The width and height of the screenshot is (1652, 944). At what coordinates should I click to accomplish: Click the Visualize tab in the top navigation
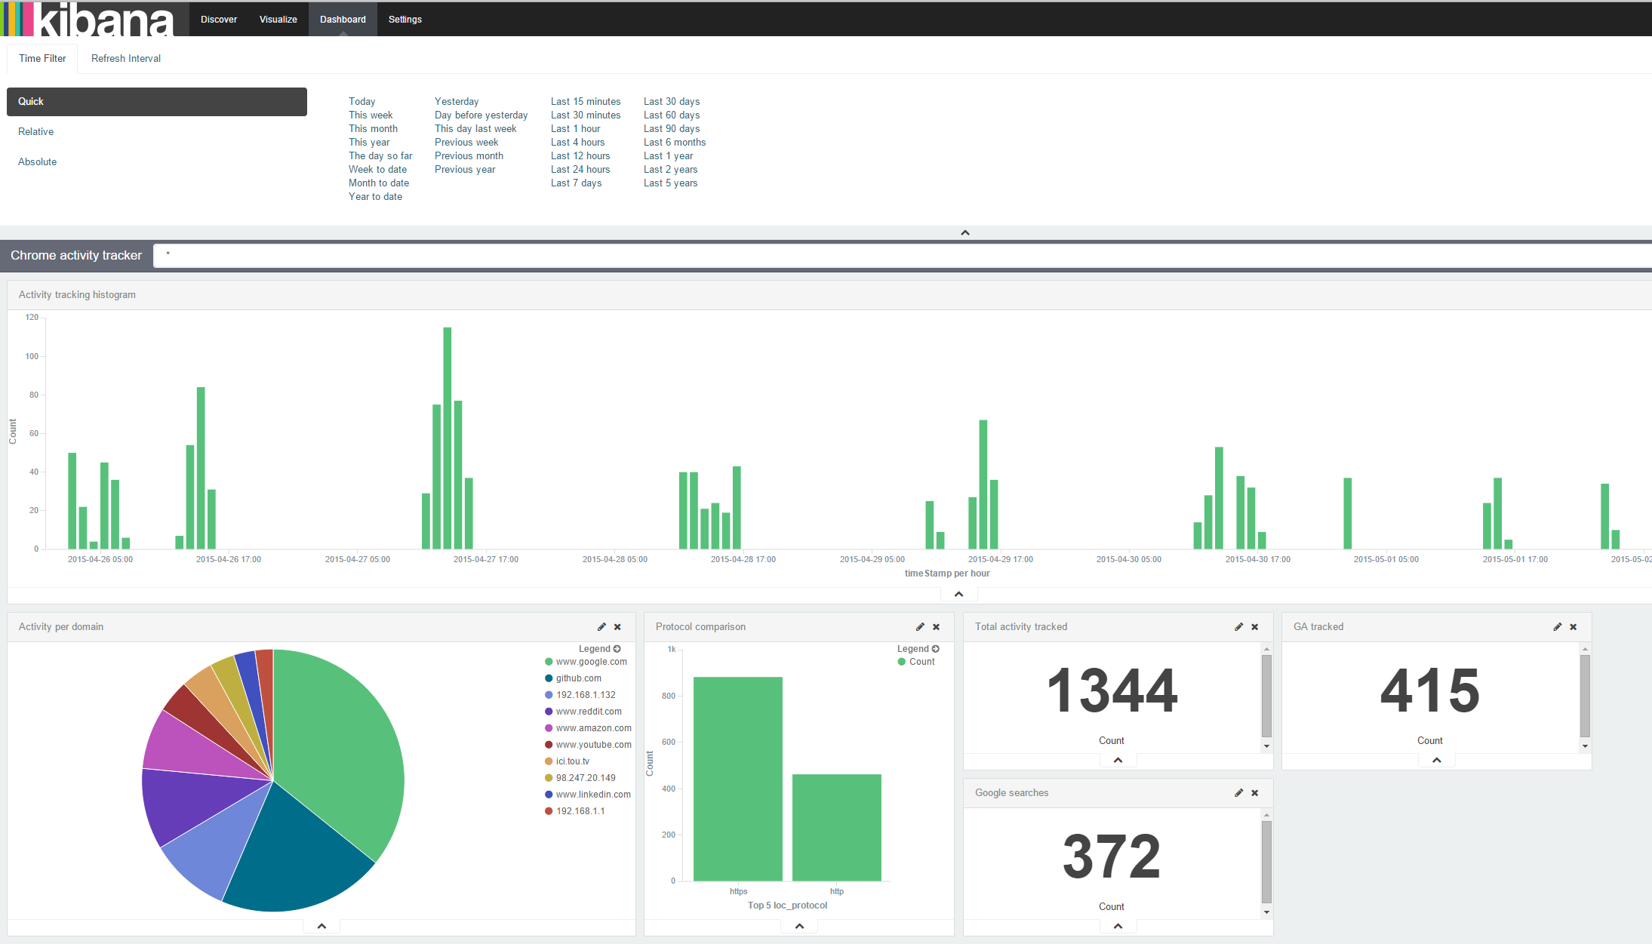click(278, 20)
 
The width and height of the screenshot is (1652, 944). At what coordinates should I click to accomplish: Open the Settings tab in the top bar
click(405, 20)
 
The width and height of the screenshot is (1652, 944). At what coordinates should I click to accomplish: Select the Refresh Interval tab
click(126, 58)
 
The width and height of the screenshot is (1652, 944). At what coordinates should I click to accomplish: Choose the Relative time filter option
click(36, 131)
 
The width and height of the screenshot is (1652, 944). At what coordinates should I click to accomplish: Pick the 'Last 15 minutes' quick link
click(586, 101)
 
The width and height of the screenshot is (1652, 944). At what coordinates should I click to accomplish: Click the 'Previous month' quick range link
click(469, 155)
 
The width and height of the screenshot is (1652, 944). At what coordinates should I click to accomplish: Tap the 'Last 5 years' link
click(670, 183)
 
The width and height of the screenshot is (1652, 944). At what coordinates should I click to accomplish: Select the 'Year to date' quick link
click(375, 196)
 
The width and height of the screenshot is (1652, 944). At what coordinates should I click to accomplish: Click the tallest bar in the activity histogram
click(448, 438)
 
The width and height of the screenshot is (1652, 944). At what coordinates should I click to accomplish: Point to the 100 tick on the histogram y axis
click(32, 356)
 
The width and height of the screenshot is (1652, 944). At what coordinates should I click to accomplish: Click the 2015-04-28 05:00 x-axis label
click(615, 559)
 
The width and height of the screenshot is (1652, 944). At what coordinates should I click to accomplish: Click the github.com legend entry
click(579, 678)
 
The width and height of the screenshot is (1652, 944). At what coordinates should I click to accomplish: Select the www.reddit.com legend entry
click(589, 712)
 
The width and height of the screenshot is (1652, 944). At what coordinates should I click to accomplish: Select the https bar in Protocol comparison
click(738, 779)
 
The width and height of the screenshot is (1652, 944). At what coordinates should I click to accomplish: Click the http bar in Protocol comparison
click(837, 827)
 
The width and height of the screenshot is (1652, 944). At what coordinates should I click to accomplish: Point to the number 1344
click(1112, 690)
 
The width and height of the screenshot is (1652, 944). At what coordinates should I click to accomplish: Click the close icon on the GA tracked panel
click(1574, 627)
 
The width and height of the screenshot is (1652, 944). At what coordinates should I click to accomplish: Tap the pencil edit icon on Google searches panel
click(1238, 793)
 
